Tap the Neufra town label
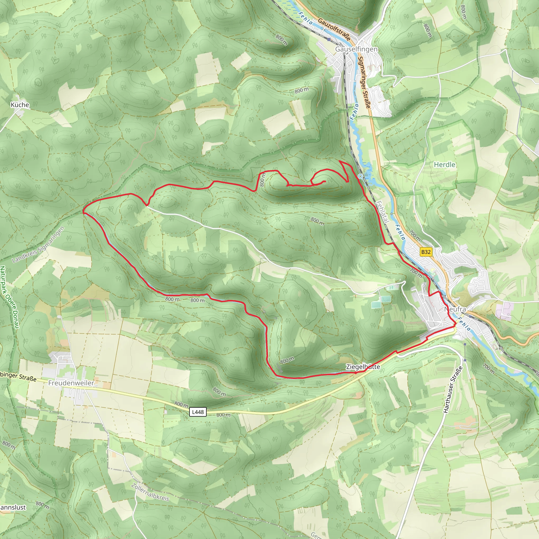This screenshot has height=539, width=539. pos(455,309)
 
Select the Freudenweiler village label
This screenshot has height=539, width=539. pos(71,383)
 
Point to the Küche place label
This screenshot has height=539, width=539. pos(20,105)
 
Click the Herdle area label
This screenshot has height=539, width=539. pos(445,164)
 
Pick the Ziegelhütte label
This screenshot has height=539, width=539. pos(363,367)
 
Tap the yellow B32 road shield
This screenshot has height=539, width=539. pos(426,252)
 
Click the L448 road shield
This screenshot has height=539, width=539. pos(198,412)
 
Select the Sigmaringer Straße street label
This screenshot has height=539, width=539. pos(364,82)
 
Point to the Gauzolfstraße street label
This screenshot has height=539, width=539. pos(334,29)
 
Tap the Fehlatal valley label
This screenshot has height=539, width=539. pos(382,212)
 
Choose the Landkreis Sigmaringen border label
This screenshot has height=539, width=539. pos(38,244)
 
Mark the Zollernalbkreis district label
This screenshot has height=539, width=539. pos(150,492)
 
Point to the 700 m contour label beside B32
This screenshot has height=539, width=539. pos(415,235)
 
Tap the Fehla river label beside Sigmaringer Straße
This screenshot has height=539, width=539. pos(354,112)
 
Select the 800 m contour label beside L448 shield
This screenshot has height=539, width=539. pos(182,404)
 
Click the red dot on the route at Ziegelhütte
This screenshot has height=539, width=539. pos(356,372)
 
